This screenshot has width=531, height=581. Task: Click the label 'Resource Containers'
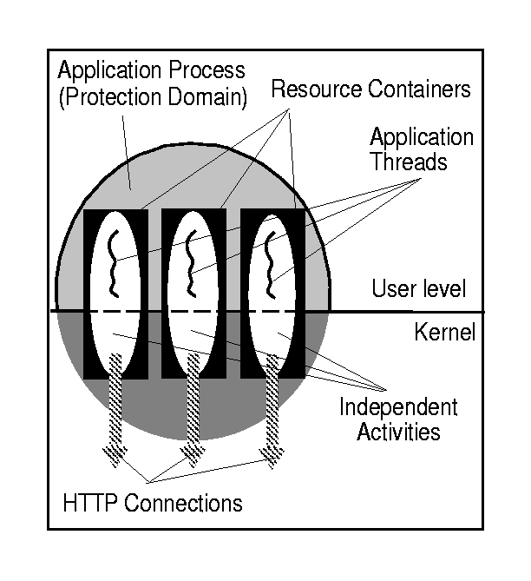click(370, 89)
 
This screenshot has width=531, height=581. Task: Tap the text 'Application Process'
click(151, 68)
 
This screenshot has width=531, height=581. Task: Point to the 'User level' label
click(419, 289)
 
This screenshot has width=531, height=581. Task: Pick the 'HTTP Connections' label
click(153, 502)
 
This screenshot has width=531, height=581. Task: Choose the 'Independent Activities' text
click(398, 419)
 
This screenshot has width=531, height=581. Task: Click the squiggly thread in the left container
click(111, 261)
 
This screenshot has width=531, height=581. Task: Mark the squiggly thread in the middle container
click(191, 261)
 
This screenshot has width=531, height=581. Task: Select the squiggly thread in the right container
click(271, 261)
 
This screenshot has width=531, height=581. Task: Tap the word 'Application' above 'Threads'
click(422, 137)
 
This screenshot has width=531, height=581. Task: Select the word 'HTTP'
click(90, 502)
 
